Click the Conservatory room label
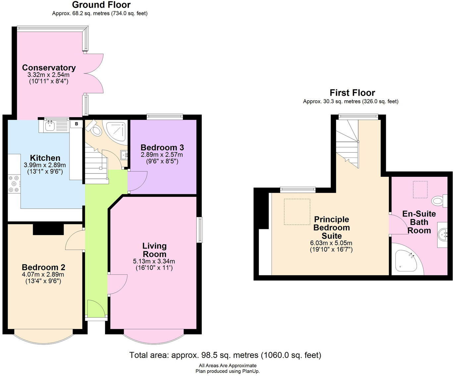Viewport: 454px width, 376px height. (x=49, y=68)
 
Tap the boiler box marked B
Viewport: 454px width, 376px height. (x=76, y=124)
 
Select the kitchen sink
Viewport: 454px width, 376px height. (x=50, y=125)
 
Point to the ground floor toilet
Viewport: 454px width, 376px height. (x=96, y=129)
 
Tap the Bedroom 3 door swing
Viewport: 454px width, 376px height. (x=136, y=181)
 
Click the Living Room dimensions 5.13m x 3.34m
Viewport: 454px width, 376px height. (x=154, y=261)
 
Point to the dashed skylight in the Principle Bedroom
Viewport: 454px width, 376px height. (x=297, y=212)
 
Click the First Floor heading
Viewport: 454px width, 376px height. (x=352, y=93)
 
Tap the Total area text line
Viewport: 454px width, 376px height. (x=225, y=355)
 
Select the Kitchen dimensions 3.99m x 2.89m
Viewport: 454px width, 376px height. (x=45, y=165)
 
